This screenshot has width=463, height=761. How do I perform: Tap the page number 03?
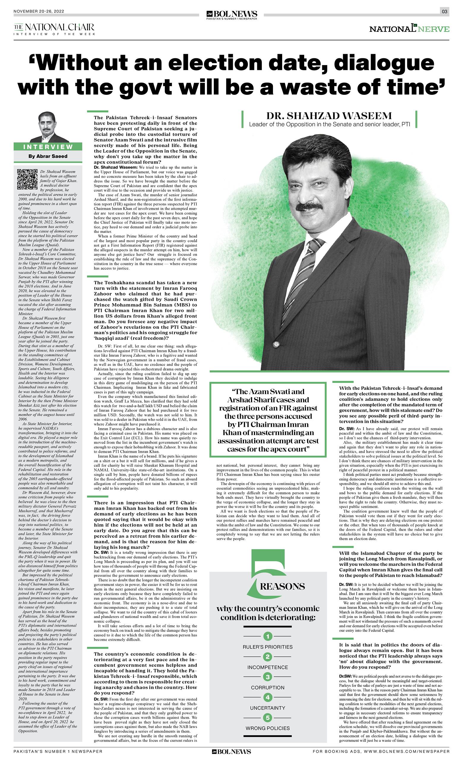click(x=444, y=12)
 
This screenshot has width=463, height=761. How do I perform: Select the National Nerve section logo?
click(x=409, y=29)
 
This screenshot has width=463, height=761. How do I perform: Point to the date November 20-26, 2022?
click(x=39, y=11)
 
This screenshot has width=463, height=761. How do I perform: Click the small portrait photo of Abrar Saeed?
click(x=49, y=127)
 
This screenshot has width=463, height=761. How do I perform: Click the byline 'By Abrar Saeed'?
click(x=48, y=156)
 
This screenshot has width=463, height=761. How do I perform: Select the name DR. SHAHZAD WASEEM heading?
click(x=329, y=116)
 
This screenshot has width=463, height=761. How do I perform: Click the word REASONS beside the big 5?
click(x=282, y=578)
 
